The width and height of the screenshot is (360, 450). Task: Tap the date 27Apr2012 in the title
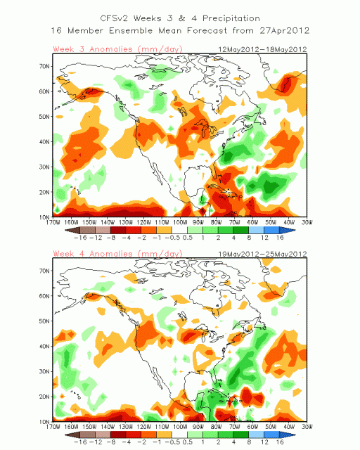click(x=285, y=30)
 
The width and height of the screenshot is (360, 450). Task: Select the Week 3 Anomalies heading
click(x=117, y=49)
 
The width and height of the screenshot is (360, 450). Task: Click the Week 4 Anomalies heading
click(x=117, y=254)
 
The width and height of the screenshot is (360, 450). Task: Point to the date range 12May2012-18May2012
click(x=262, y=49)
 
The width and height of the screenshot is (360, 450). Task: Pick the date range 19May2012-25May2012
click(x=262, y=254)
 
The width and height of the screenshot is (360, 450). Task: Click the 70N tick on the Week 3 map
click(x=44, y=66)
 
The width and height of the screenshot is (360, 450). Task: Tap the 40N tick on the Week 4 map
click(x=44, y=347)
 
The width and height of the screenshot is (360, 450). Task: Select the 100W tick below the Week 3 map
click(x=180, y=222)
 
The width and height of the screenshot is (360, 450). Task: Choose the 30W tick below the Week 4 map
click(x=307, y=427)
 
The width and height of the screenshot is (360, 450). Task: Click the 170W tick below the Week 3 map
click(x=53, y=222)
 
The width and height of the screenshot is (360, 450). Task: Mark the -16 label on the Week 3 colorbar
click(x=80, y=238)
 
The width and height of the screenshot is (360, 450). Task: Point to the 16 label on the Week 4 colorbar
click(x=280, y=442)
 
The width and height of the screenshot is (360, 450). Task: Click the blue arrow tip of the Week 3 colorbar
click(x=295, y=230)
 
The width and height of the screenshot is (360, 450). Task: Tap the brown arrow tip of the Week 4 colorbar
click(x=65, y=435)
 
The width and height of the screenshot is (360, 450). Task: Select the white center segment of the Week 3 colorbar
click(x=179, y=230)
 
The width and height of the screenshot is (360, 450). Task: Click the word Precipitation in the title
click(x=231, y=19)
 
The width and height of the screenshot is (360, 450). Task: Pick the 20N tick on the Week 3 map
click(x=44, y=192)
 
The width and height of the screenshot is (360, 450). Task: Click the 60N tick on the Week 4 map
click(x=44, y=296)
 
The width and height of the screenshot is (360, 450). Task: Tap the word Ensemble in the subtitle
click(x=131, y=30)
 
